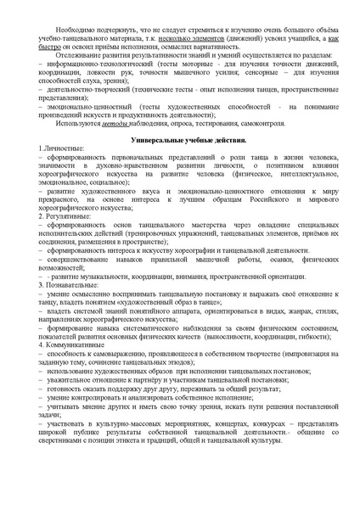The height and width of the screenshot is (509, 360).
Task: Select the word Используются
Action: pyautogui.click(x=80, y=123)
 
